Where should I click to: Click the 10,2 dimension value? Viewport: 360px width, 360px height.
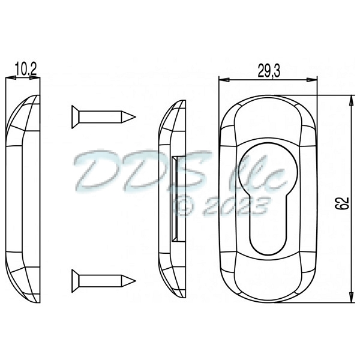pyautogui.click(x=25, y=70)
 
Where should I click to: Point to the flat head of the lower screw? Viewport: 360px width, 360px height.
pyautogui.click(x=74, y=278)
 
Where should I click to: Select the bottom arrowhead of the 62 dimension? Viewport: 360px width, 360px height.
pyautogui.click(x=350, y=304)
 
